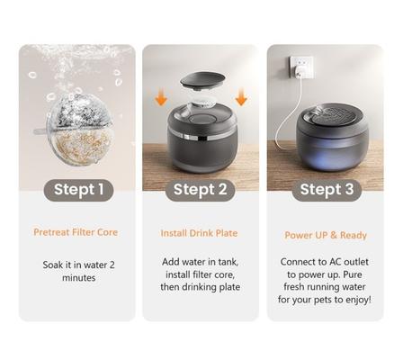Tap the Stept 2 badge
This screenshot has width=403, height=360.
pyautogui.click(x=200, y=189)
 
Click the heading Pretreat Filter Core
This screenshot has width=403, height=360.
pyautogui.click(x=77, y=232)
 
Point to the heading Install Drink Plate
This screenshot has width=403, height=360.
pyautogui.click(x=200, y=233)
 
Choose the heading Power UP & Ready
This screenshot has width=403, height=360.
pyautogui.click(x=325, y=235)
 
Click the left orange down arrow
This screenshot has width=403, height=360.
pyautogui.click(x=161, y=96)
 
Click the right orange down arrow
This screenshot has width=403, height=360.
pyautogui.click(x=240, y=96)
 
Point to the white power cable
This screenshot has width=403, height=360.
pyautogui.click(x=286, y=117)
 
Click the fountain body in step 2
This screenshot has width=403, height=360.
pyautogui.click(x=201, y=144)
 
